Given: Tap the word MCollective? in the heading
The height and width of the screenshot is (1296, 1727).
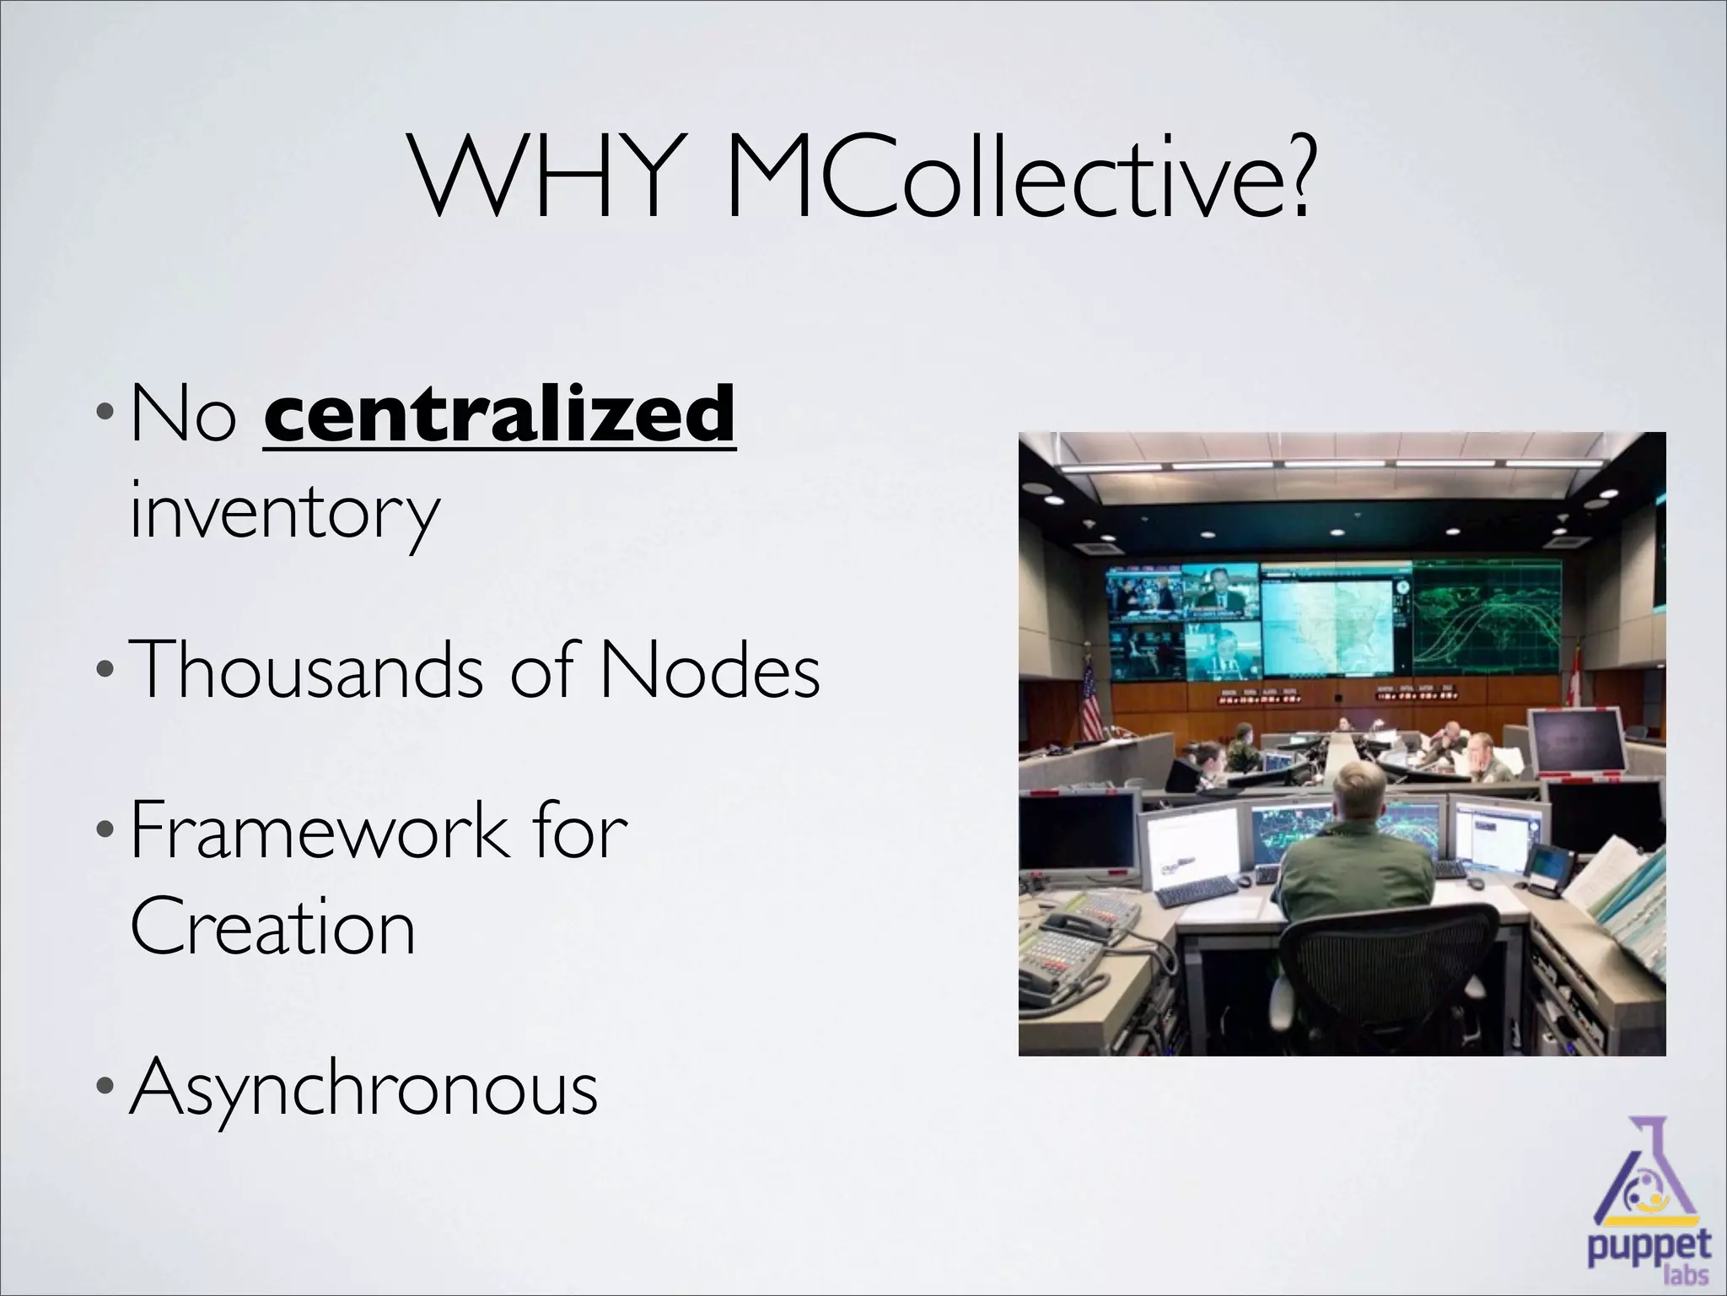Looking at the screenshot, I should click(x=1017, y=178).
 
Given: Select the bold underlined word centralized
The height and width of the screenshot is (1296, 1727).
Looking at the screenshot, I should click(x=500, y=413).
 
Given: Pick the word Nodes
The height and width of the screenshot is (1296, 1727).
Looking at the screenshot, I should click(x=708, y=670).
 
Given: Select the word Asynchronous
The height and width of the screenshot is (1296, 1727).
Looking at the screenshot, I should click(x=364, y=1088).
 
